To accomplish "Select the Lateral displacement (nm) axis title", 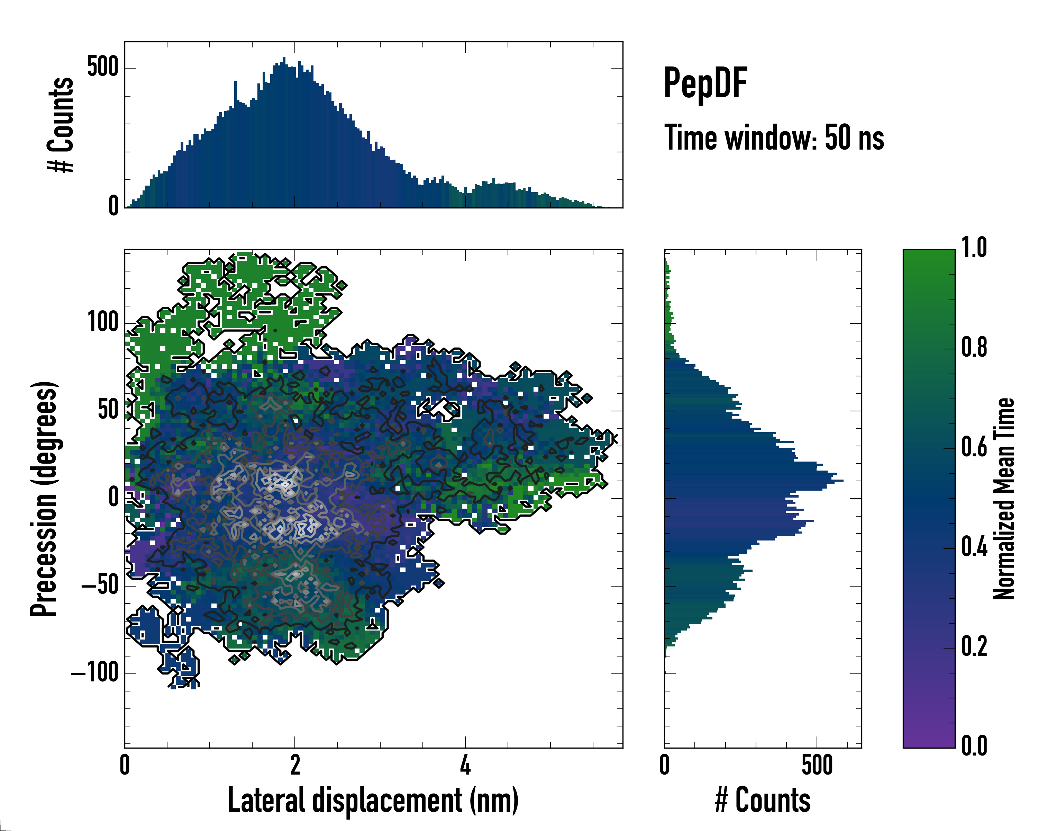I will click(x=373, y=800).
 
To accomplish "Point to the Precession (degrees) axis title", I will click(x=44, y=499).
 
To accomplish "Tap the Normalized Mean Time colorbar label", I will click(x=1004, y=499).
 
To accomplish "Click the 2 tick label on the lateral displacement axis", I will click(x=295, y=765).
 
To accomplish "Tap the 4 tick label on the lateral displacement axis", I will click(x=465, y=765).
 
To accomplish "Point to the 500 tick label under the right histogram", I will click(x=817, y=765).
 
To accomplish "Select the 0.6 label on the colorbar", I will click(x=974, y=448).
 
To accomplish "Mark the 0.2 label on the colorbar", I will click(x=974, y=646).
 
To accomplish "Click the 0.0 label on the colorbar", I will click(x=974, y=746).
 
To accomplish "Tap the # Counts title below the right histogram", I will click(x=763, y=800).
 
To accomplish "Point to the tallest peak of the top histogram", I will click(x=284, y=58).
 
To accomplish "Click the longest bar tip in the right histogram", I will click(x=842, y=481).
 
